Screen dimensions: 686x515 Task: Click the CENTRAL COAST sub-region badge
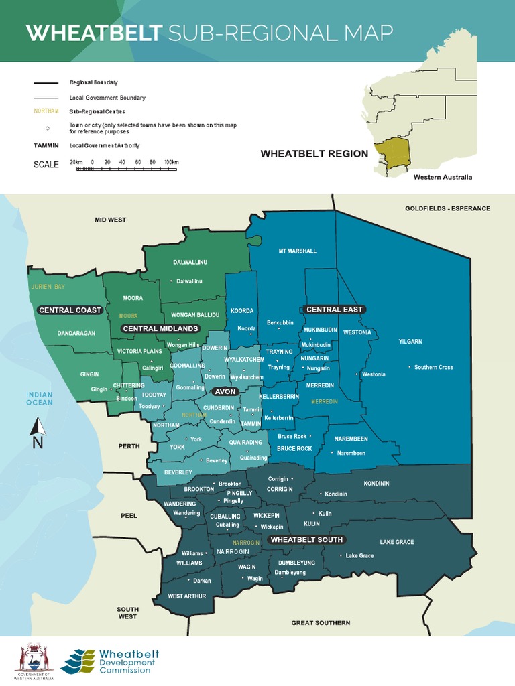click(x=70, y=310)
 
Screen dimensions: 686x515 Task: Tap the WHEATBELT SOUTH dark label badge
click(x=306, y=539)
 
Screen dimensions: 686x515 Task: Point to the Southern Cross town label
click(x=433, y=367)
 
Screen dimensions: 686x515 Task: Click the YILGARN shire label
click(x=410, y=342)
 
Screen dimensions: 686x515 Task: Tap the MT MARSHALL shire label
click(x=297, y=251)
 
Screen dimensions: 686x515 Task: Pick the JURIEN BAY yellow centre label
click(x=48, y=287)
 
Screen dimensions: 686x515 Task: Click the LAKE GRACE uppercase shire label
click(x=396, y=542)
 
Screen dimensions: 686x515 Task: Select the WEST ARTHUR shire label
click(x=186, y=596)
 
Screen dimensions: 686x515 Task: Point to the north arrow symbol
click(x=38, y=432)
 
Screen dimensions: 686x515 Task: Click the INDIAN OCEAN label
click(x=40, y=399)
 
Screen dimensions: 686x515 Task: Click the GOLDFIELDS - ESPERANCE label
click(x=447, y=208)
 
